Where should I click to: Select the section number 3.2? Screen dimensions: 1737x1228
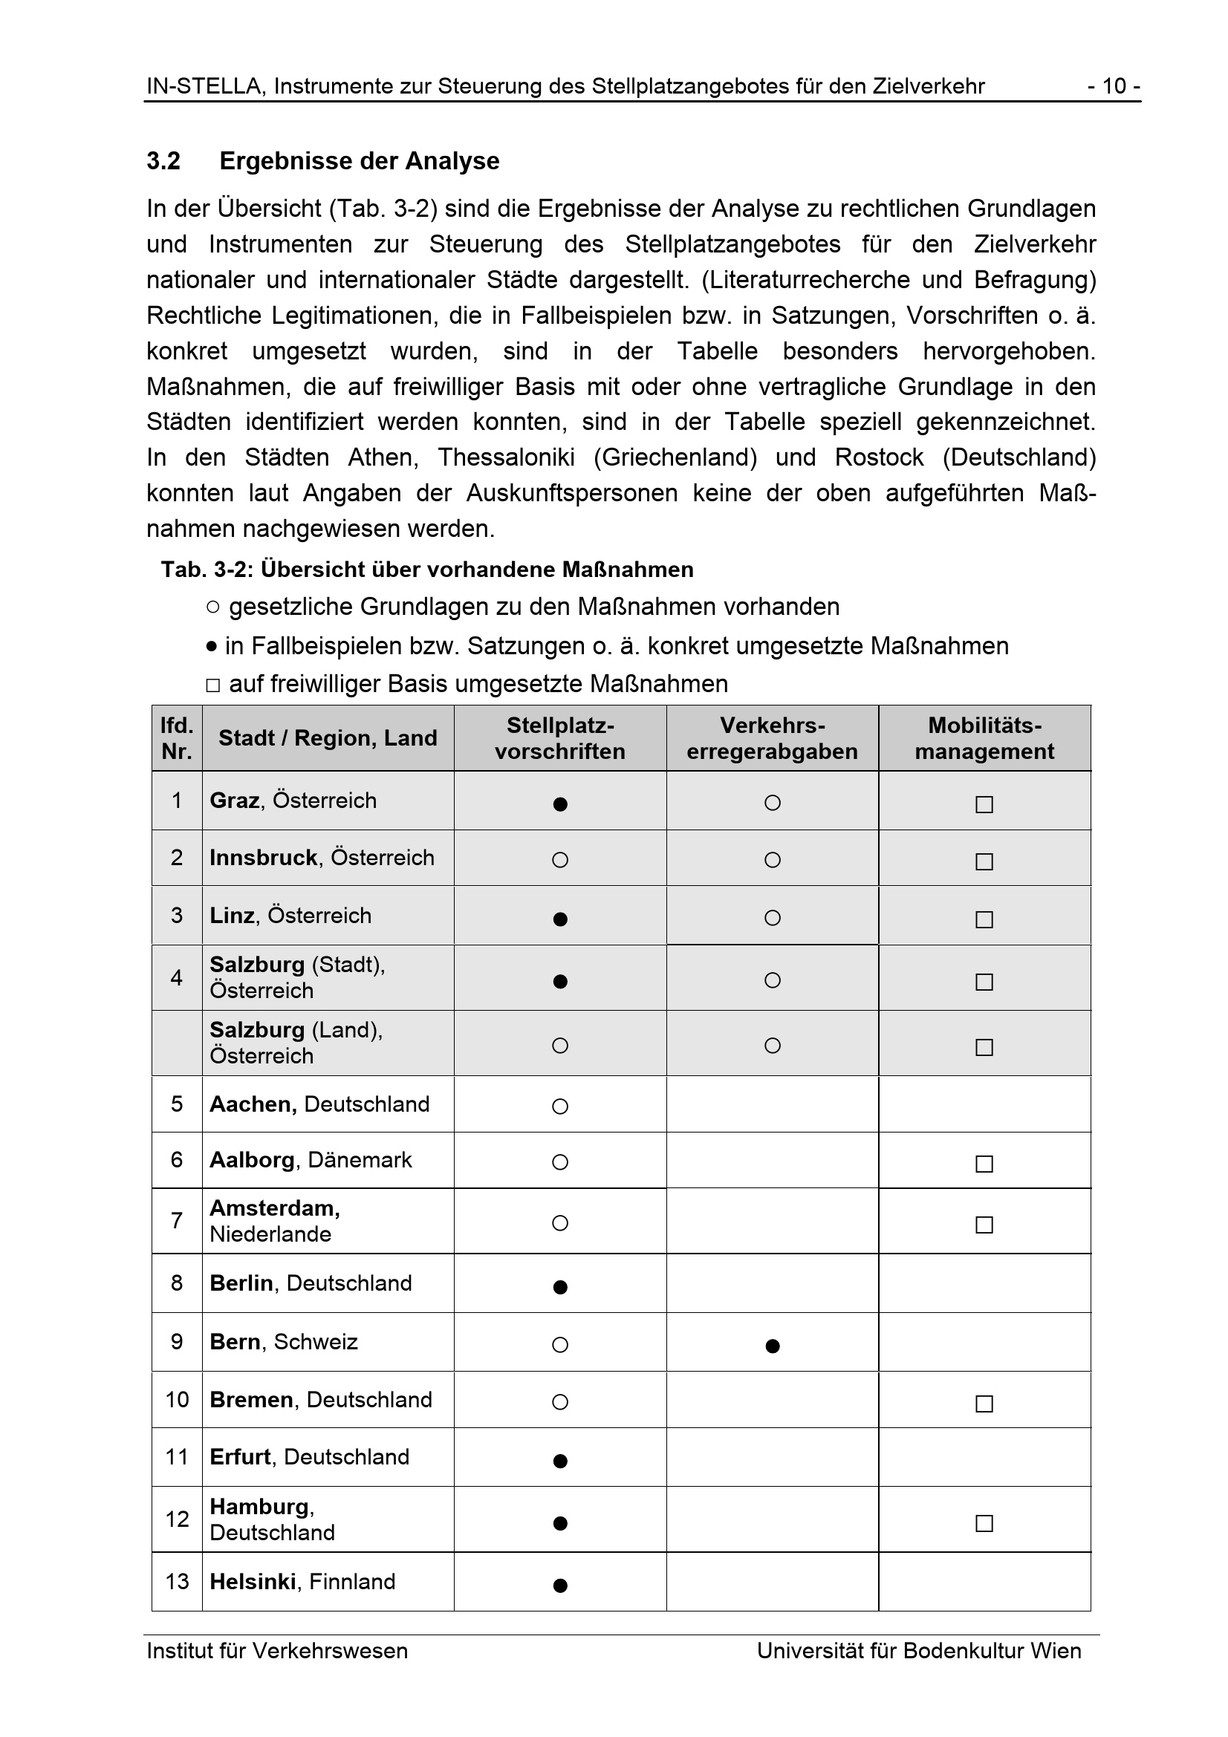(x=163, y=161)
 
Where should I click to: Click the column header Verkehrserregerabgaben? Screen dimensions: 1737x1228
(x=772, y=738)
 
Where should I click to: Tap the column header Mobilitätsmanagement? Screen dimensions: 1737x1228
(x=984, y=738)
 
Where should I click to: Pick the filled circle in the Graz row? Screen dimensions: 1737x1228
(x=560, y=804)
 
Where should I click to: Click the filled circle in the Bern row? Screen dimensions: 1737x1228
(x=773, y=1346)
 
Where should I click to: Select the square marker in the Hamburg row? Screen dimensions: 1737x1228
(x=984, y=1523)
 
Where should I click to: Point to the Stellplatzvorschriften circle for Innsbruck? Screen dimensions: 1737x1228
(x=560, y=860)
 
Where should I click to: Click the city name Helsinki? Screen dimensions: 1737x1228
(x=252, y=1581)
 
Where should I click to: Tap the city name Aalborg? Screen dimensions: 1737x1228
(x=251, y=1160)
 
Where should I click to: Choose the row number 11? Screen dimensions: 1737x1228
(x=177, y=1457)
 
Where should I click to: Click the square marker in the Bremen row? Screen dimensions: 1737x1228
(x=984, y=1404)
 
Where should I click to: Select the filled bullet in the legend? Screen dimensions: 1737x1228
(x=212, y=647)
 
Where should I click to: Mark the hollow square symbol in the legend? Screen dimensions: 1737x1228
(x=212, y=685)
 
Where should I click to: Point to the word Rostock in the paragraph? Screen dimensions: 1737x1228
(x=879, y=457)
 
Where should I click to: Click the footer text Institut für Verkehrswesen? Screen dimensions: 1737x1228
(x=277, y=1651)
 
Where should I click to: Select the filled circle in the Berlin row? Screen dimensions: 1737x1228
(x=560, y=1287)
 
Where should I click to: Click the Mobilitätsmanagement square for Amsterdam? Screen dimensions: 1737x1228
(x=984, y=1224)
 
